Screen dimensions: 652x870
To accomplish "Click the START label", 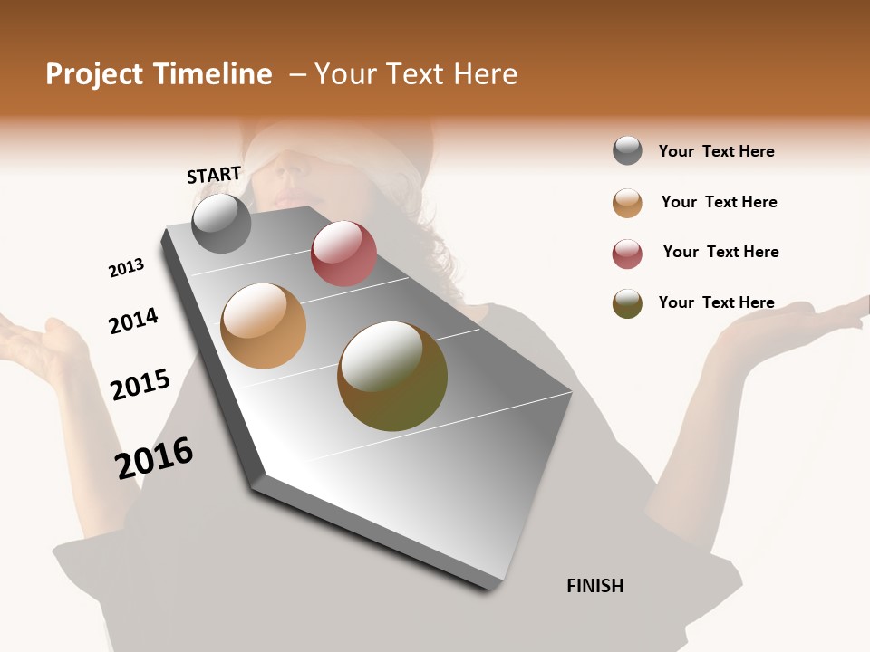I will coord(214,175).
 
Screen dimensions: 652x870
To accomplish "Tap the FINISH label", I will coord(594,586).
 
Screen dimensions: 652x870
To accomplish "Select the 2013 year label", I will coord(126,268).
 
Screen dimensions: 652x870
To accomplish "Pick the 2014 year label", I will coord(133,321).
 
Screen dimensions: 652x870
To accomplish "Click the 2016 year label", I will coord(154,457).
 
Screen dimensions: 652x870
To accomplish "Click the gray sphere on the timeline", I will coord(221,223).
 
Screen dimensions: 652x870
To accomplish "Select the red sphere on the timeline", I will coord(343,254).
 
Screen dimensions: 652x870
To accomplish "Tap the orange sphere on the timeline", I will coord(263,326).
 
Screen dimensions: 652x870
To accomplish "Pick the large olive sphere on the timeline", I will coord(392,376).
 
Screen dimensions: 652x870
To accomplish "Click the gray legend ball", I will coord(627,151).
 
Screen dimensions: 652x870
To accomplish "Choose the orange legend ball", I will coord(627,203).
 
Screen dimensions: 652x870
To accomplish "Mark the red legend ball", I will coord(627,254).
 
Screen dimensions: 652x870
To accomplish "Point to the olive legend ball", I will coord(627,303).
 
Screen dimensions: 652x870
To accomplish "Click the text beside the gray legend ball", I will coord(716,151).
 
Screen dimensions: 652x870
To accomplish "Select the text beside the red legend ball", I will coord(720,252).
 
